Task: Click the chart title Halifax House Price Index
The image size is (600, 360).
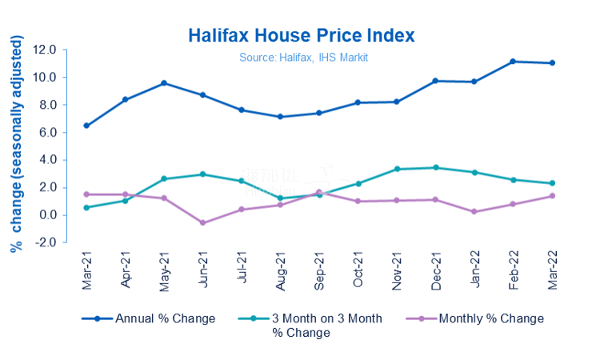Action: [302, 36]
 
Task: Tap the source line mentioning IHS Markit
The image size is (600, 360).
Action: [303, 58]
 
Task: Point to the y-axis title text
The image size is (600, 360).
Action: [17, 144]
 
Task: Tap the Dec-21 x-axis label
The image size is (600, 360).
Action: [436, 270]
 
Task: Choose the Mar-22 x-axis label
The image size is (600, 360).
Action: [552, 270]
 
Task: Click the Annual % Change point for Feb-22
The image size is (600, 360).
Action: [513, 62]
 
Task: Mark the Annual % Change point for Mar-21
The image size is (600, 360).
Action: [86, 126]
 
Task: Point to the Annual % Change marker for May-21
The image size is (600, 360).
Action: [164, 83]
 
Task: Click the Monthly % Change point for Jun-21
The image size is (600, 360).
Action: [202, 222]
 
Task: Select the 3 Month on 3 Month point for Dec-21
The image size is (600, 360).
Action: [435, 167]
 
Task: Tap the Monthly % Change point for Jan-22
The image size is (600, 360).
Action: [474, 212]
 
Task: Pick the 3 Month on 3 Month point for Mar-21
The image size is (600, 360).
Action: [86, 207]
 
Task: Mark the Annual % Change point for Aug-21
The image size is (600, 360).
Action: [280, 117]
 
